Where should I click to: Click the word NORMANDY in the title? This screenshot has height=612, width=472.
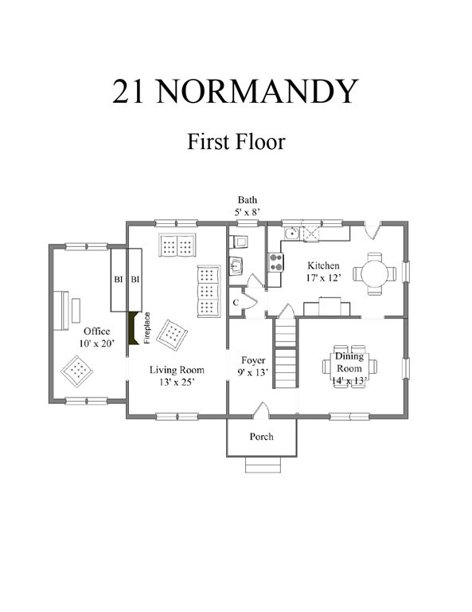point(257,91)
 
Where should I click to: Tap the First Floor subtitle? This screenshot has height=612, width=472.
point(236,142)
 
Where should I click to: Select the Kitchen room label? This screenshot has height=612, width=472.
point(323,266)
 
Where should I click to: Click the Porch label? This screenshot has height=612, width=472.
point(262,437)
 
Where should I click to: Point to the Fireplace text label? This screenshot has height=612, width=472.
point(147,328)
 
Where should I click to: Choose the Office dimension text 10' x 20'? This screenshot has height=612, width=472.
point(96,344)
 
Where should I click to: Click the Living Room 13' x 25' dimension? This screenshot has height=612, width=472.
point(177,382)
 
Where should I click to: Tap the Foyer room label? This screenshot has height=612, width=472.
point(253,360)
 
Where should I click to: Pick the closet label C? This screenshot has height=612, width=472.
point(236,303)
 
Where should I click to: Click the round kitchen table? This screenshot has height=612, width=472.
point(375,273)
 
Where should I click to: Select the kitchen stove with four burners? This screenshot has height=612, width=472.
point(275,262)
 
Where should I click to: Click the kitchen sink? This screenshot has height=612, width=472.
point(291,233)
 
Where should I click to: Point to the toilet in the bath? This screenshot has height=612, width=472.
point(237,242)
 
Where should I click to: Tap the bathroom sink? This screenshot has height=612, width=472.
point(236,266)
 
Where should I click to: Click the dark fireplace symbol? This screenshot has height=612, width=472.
point(133,328)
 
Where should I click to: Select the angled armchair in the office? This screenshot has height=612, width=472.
point(76,371)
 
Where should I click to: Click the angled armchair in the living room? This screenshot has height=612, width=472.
point(172,335)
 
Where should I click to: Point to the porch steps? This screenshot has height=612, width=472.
point(263,465)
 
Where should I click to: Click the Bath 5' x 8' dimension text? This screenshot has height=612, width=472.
point(248,206)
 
